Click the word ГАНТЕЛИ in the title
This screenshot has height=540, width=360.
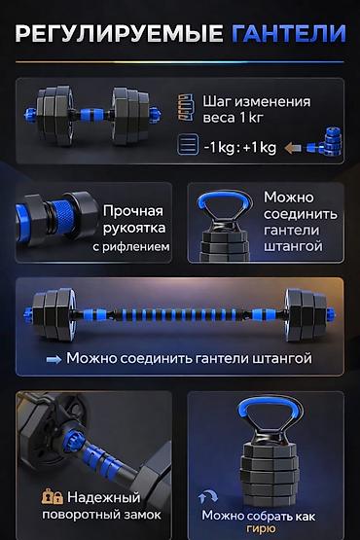(289, 33)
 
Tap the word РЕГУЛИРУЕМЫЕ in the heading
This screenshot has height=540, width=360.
(120, 33)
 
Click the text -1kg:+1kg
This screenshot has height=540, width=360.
(240, 148)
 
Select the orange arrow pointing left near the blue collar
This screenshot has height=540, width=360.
(293, 148)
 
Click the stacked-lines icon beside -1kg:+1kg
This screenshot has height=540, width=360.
(188, 145)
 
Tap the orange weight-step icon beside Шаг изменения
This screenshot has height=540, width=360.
(186, 107)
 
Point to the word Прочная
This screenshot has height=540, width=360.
(133, 211)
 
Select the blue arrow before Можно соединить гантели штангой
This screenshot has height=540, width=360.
(54, 359)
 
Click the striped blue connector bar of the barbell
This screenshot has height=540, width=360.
(178, 315)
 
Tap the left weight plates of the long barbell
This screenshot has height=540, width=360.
(54, 314)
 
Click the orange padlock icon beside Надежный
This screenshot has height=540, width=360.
(53, 497)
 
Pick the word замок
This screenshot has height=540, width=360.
(143, 515)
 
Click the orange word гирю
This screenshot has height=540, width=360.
(261, 529)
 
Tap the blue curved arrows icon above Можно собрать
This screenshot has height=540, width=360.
(208, 496)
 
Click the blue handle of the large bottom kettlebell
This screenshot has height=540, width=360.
(270, 408)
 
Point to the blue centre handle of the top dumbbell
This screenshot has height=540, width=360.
(92, 115)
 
